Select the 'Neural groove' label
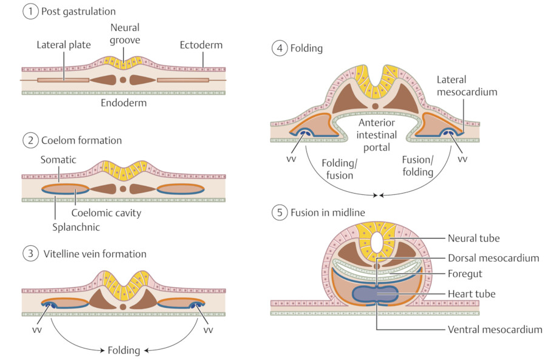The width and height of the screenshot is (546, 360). (125, 34)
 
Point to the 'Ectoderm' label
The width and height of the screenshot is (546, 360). (201, 45)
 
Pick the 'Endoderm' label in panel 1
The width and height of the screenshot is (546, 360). (124, 103)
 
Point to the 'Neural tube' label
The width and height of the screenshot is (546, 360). (474, 238)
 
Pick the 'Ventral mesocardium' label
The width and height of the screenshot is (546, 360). (494, 330)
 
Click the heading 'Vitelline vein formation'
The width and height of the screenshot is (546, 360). (94, 254)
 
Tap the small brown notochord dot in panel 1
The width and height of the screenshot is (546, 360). (123, 80)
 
